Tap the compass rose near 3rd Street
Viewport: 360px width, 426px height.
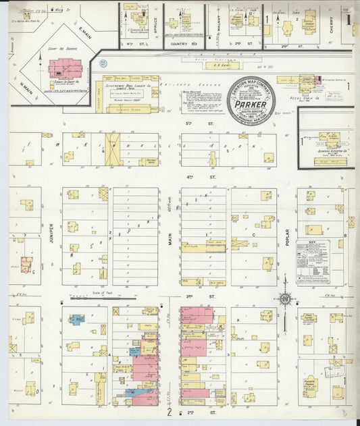(x=285, y=298)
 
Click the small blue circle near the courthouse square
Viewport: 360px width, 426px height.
(x=103, y=63)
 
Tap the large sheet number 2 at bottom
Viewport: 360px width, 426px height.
(x=171, y=410)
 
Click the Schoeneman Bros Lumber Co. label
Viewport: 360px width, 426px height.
(x=128, y=86)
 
